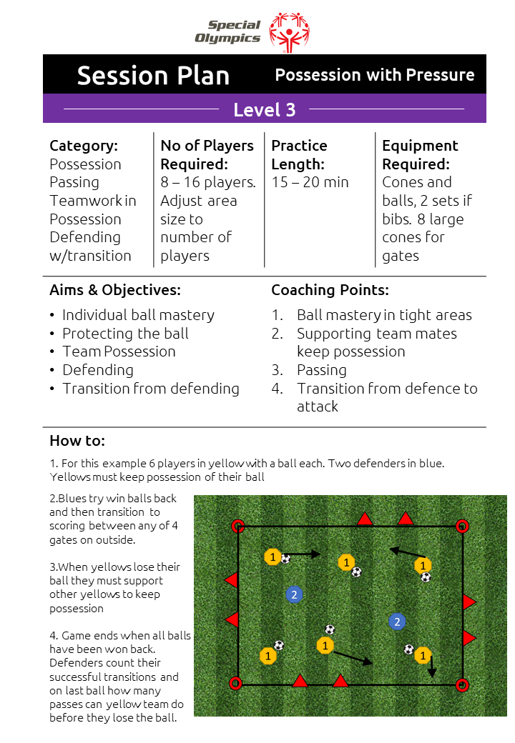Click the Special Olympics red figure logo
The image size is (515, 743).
point(289,31)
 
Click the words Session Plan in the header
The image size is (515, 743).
point(153,76)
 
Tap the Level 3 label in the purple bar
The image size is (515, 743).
point(264,110)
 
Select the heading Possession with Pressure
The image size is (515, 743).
point(375,75)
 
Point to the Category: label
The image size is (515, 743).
point(84,146)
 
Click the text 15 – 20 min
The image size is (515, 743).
point(310,182)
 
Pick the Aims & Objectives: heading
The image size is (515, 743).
point(115,289)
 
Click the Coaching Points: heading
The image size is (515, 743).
point(330,289)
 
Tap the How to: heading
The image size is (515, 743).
point(77,440)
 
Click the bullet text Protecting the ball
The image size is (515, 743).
point(126,333)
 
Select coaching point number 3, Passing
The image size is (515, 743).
point(322,369)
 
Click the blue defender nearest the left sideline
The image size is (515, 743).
point(294,594)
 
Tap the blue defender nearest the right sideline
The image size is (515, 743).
point(397,622)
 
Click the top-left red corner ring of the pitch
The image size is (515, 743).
point(238,526)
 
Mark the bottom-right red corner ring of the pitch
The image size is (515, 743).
point(462,684)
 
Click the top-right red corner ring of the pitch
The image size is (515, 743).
point(462,526)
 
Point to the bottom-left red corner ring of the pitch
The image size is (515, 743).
point(235,683)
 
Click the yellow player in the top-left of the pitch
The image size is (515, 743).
point(273,557)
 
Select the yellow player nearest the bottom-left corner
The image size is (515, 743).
point(268,656)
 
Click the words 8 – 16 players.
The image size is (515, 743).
point(208,182)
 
